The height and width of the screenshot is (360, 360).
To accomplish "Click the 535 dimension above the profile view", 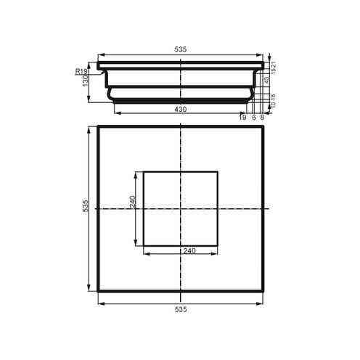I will tap(181, 49).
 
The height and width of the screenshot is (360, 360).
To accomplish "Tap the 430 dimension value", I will tap(181, 109).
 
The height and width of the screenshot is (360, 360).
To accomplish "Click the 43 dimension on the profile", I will tap(266, 79).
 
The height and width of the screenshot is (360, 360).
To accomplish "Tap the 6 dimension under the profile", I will tap(253, 117).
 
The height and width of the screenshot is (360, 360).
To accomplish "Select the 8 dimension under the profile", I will tap(261, 117).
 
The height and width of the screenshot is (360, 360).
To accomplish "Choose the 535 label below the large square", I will tap(181, 309).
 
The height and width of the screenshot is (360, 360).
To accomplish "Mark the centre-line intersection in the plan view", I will tap(181, 209).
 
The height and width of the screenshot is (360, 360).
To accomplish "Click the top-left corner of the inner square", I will tap(143, 172).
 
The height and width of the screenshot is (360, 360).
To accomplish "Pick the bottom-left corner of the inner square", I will tap(143, 245).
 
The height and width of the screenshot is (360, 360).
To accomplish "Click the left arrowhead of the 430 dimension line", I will tap(115, 113).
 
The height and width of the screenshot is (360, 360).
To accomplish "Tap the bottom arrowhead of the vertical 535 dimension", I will tap(90, 291).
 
